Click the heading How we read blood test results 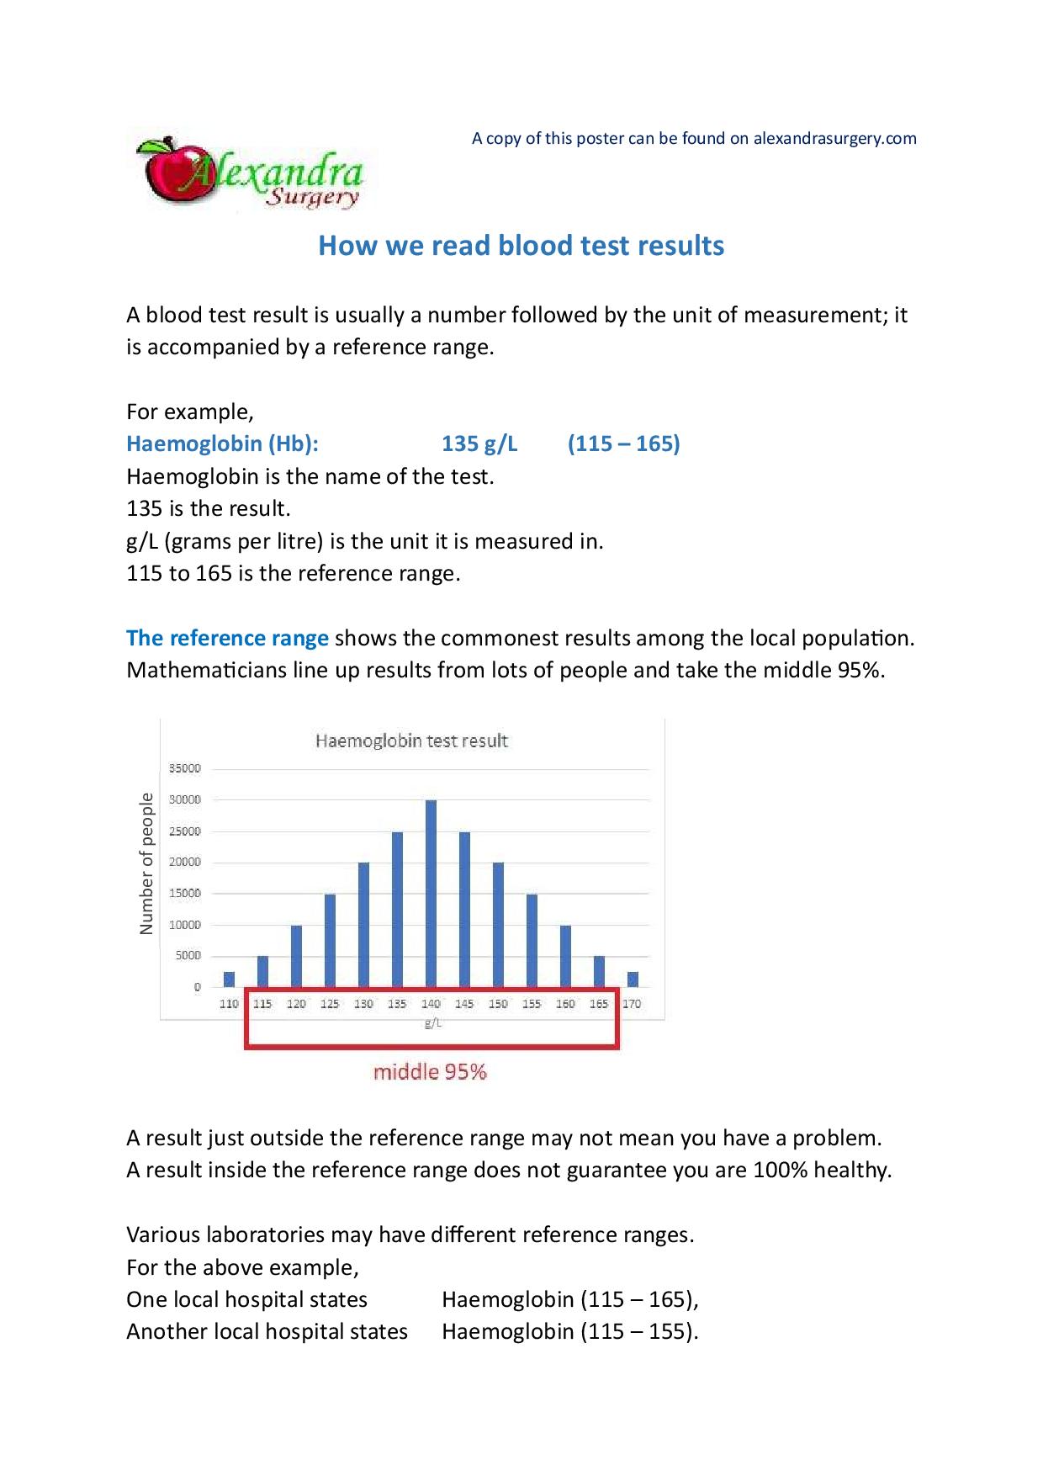click(x=521, y=246)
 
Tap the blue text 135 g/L click(x=479, y=443)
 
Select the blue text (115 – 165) click(x=623, y=443)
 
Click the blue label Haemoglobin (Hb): click(x=222, y=443)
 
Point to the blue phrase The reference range click(x=227, y=638)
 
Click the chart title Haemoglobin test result click(x=411, y=741)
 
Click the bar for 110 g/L click(x=229, y=979)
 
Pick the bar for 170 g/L click(x=633, y=979)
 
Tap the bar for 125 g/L click(x=330, y=940)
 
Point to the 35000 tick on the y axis click(x=185, y=768)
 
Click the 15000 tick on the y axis click(x=185, y=894)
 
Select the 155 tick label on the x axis click(x=532, y=1004)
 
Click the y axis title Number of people click(x=147, y=863)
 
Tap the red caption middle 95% click(x=430, y=1072)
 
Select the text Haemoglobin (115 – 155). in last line click(x=569, y=1331)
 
